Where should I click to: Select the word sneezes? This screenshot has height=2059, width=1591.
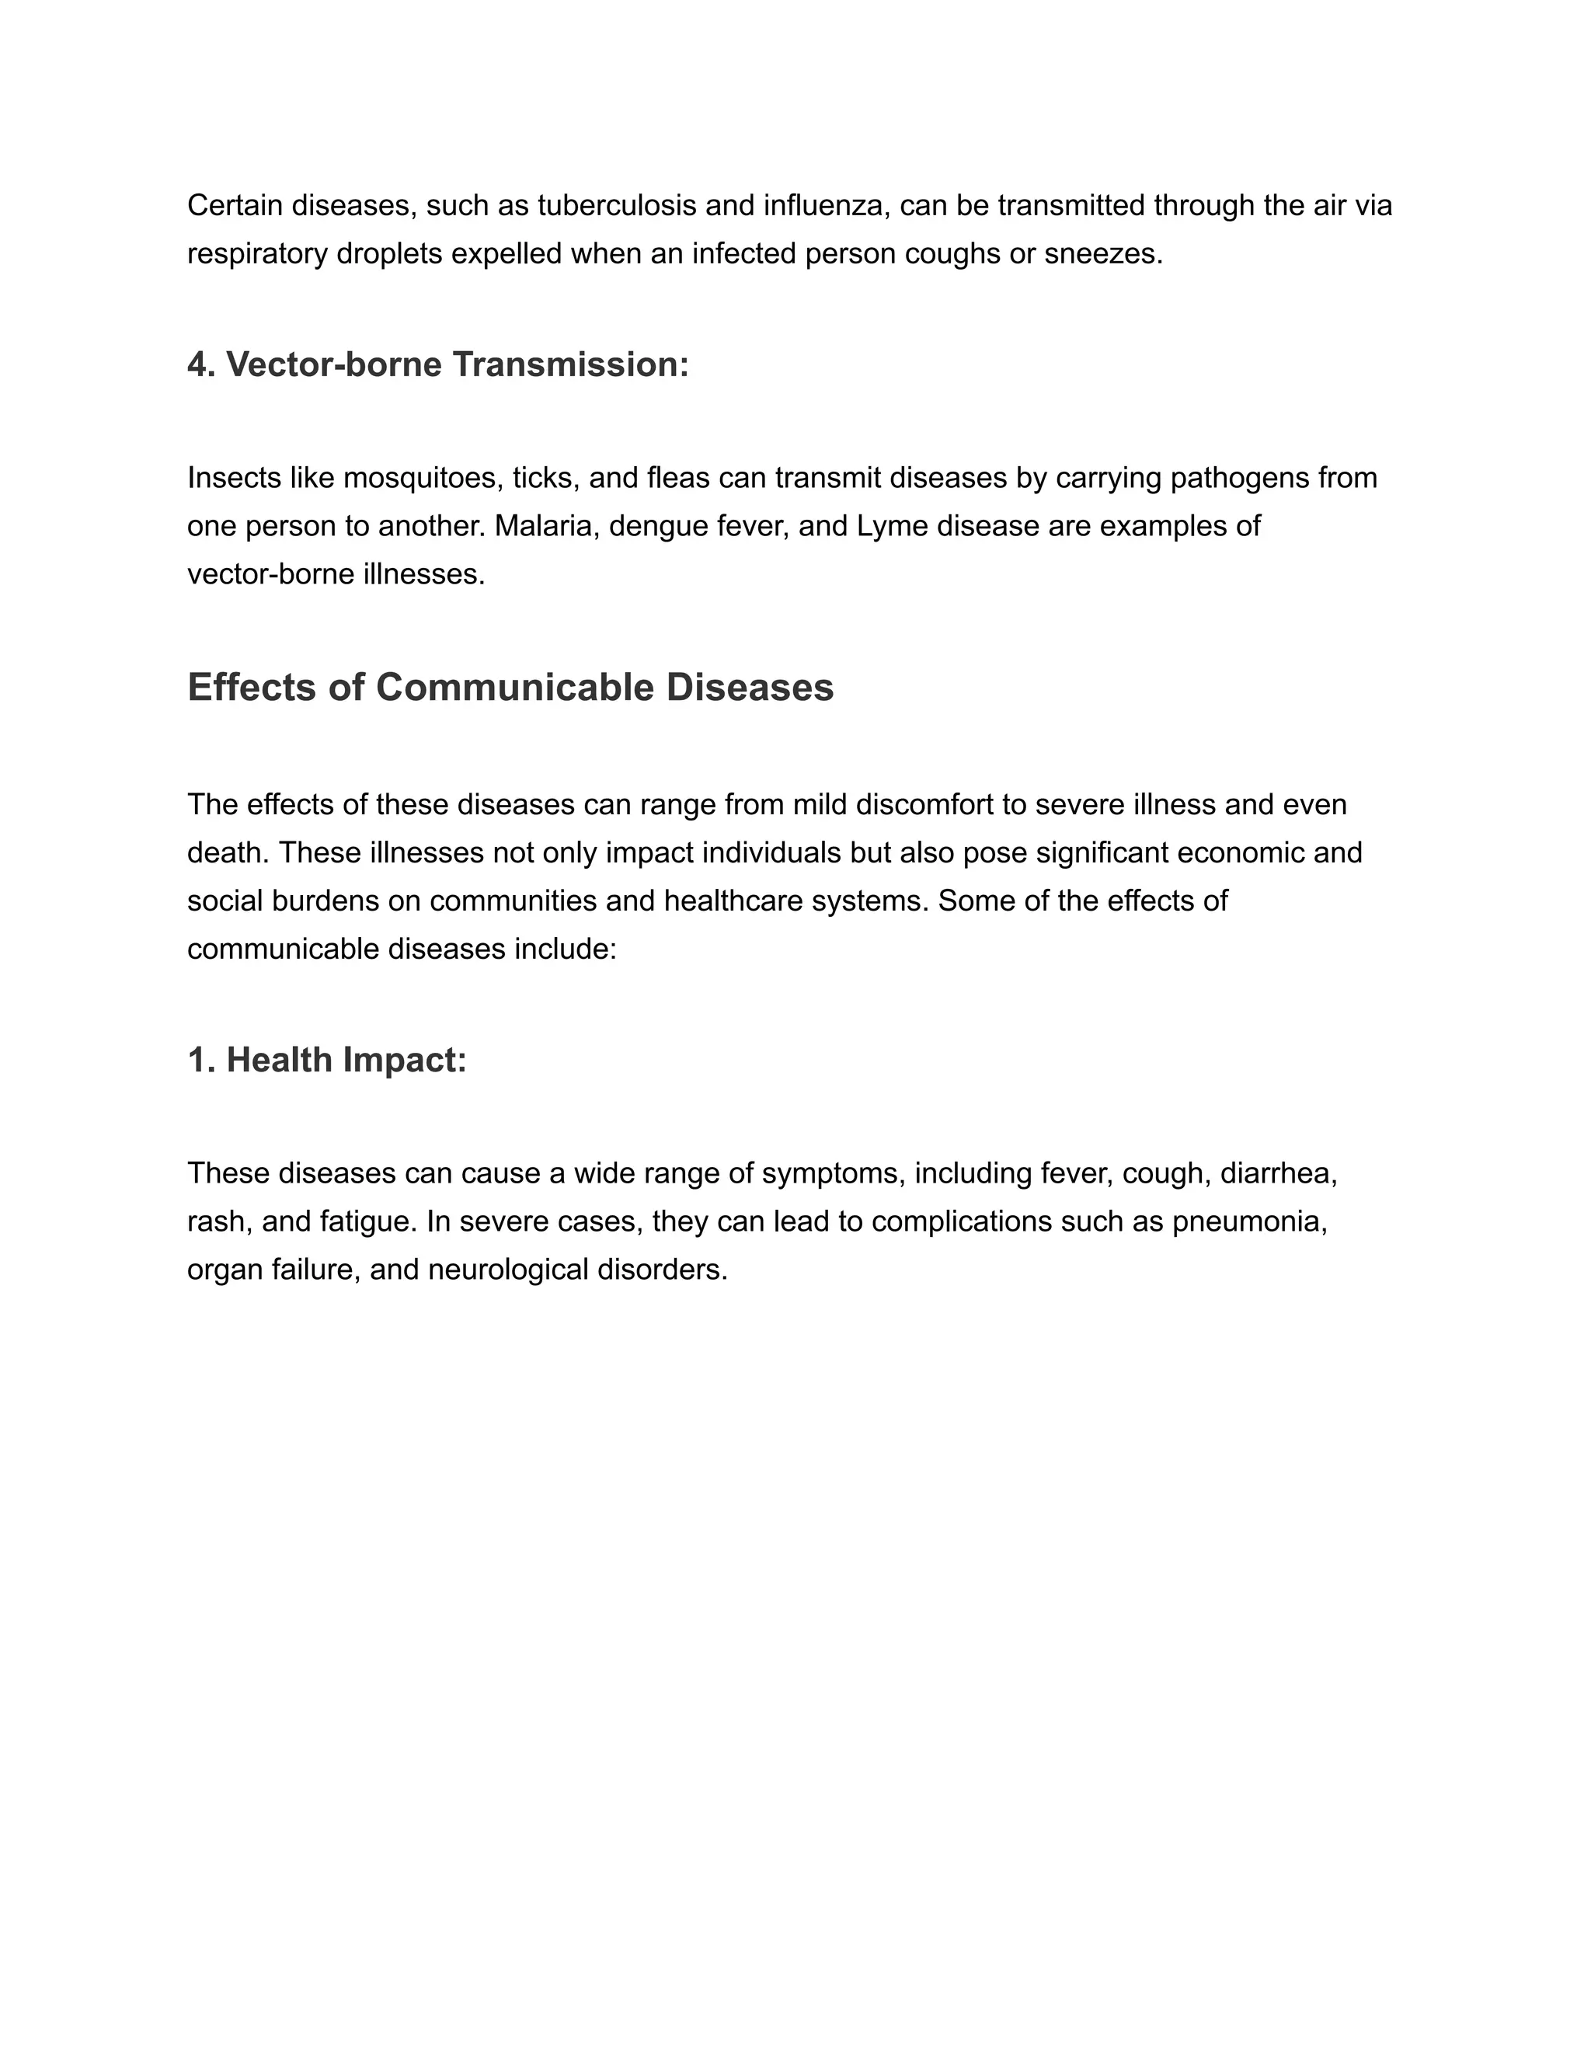click(1103, 253)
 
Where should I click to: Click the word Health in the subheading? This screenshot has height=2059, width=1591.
click(279, 1061)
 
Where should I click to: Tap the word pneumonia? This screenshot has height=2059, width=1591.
click(1249, 1222)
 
